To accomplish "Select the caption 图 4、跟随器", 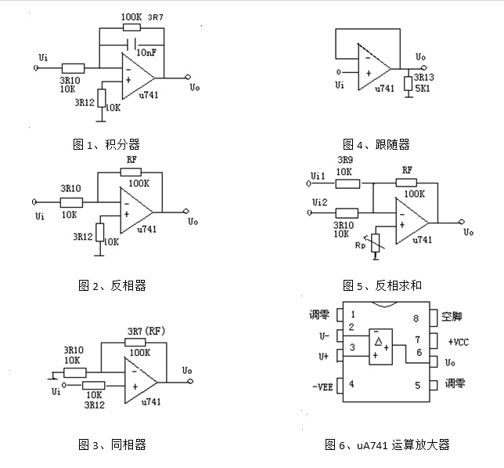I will (376, 144).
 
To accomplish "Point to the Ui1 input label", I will (318, 176).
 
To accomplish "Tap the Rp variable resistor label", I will (361, 245).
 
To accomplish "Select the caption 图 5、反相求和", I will (382, 285).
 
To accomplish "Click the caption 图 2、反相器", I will (112, 285).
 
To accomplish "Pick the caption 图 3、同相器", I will (112, 445).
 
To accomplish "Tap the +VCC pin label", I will (459, 342).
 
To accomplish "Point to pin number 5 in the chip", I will (417, 385).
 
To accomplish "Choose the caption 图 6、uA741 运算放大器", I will (387, 445).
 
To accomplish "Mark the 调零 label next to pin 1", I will (322, 316).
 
